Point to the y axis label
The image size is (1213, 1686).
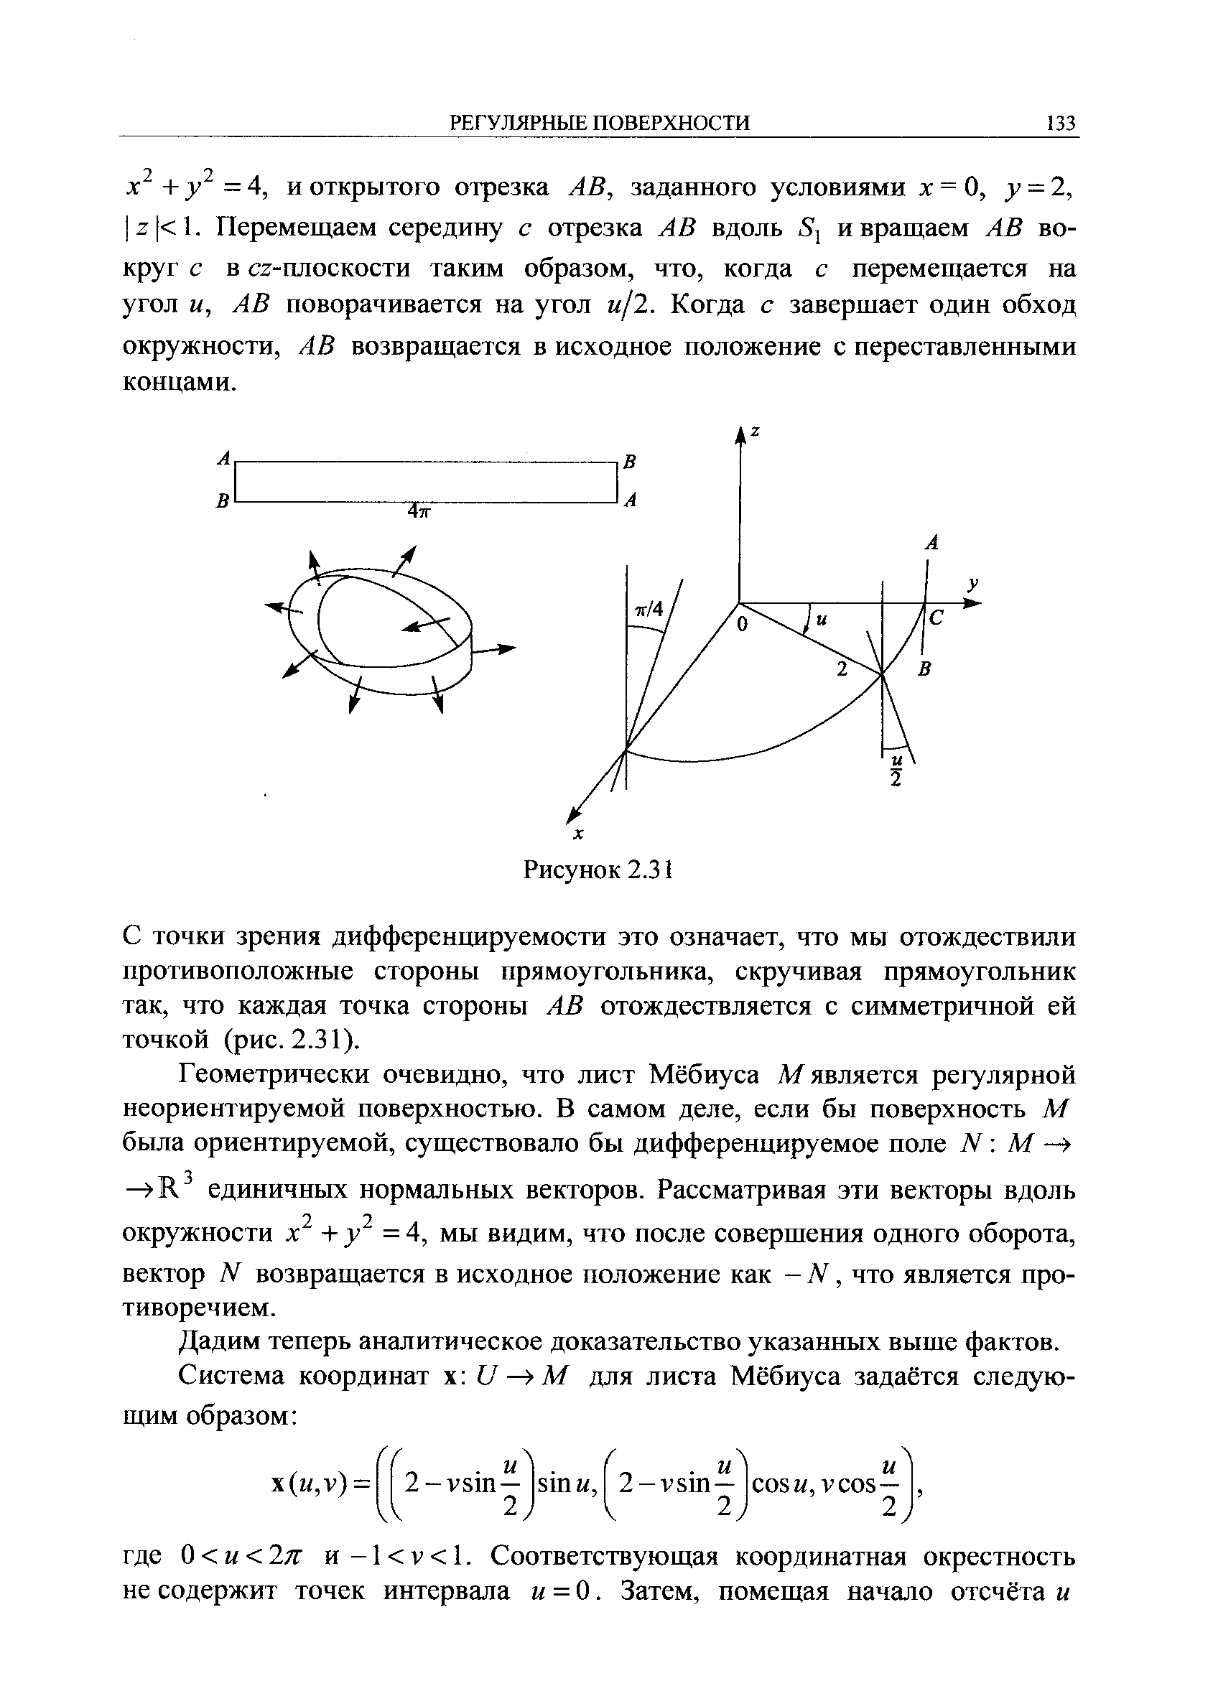pyautogui.click(x=972, y=584)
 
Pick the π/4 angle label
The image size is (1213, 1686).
pyautogui.click(x=648, y=609)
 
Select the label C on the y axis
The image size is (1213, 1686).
pyautogui.click(x=936, y=618)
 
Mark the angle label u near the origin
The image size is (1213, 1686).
pyautogui.click(x=822, y=618)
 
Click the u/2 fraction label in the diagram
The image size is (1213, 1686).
pyautogui.click(x=896, y=768)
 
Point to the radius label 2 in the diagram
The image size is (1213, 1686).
pyautogui.click(x=842, y=669)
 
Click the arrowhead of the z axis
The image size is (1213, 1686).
pyautogui.click(x=740, y=435)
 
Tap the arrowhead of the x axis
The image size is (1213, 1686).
pyautogui.click(x=573, y=814)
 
